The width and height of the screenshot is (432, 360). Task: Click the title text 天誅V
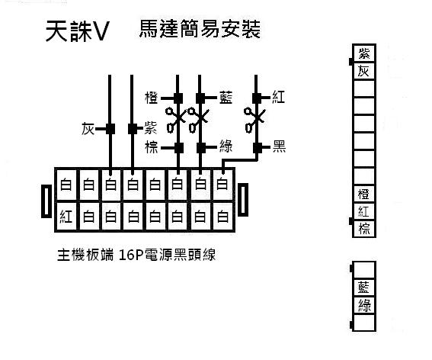(77, 31)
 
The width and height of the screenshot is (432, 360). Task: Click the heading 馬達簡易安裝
(200, 29)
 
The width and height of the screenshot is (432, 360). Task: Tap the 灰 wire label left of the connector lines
(88, 129)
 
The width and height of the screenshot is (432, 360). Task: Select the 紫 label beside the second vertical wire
(151, 129)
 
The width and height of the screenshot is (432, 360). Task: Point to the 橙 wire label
(152, 98)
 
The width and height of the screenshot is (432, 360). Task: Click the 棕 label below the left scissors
(152, 147)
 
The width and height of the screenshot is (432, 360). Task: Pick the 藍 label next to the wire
(226, 98)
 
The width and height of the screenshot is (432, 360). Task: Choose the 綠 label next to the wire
(226, 146)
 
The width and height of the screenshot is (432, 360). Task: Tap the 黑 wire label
(279, 146)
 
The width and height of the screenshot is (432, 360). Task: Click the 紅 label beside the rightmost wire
(279, 98)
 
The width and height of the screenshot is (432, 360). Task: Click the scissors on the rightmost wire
(254, 120)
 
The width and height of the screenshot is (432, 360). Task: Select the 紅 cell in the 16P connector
(66, 217)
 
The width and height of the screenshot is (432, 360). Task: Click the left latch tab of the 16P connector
(46, 201)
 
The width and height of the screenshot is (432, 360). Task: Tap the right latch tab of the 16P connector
(243, 200)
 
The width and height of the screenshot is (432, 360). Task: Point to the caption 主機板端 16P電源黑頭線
(136, 255)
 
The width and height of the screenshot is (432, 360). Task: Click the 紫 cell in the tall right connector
(364, 53)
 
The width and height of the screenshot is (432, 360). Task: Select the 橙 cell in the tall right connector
(364, 194)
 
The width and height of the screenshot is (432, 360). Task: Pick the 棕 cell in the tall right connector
(364, 229)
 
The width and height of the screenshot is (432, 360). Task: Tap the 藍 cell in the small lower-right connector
(364, 288)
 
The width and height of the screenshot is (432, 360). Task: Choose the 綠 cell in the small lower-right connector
(364, 305)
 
